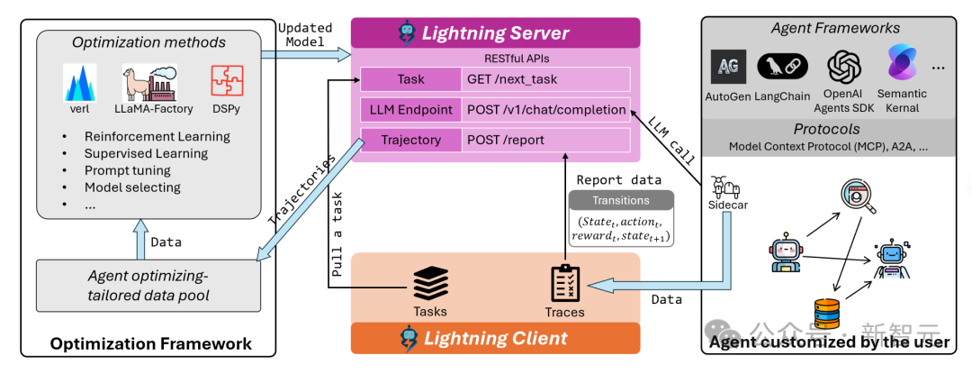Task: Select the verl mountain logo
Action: (x=80, y=82)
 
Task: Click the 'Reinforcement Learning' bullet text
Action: (x=157, y=137)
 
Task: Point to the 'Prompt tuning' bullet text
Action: (x=127, y=170)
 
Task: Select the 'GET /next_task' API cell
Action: (x=513, y=79)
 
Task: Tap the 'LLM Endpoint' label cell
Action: (x=410, y=110)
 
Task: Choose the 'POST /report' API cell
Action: (x=506, y=141)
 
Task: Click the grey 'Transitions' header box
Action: (x=620, y=200)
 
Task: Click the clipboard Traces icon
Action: (x=564, y=284)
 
